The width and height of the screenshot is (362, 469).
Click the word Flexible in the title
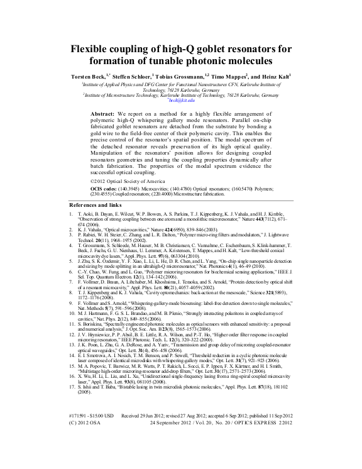tap(90, 48)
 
